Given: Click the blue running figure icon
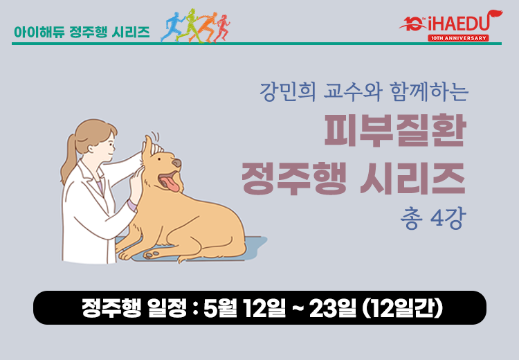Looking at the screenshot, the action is pyautogui.click(x=172, y=27).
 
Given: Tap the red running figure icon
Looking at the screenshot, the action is pyautogui.click(x=222, y=28).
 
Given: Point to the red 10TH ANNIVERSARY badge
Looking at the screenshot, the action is pyautogui.click(x=458, y=38).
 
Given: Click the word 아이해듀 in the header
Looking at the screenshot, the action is pyautogui.click(x=39, y=32).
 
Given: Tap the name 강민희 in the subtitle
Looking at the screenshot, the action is pyautogui.click(x=287, y=91).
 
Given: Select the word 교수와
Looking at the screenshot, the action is pyautogui.click(x=353, y=91).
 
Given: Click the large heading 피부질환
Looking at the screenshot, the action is pyautogui.click(x=395, y=130).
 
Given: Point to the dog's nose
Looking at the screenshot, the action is pyautogui.click(x=176, y=163).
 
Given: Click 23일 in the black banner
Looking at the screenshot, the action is pyautogui.click(x=333, y=307).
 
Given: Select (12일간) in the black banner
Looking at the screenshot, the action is pyautogui.click(x=403, y=307).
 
